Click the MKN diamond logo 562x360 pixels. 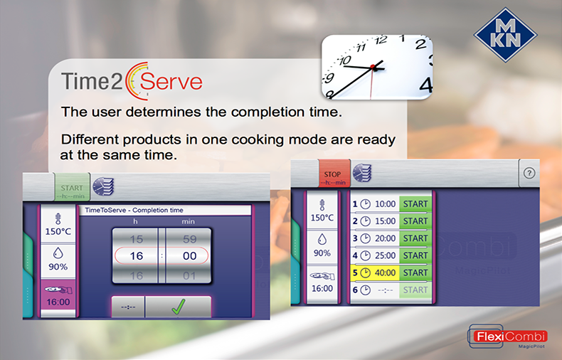coord(505,35)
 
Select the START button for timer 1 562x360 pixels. coord(415,204)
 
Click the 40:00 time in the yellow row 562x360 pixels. coord(386,273)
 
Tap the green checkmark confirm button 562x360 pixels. coord(178,307)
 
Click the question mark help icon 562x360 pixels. coord(529,173)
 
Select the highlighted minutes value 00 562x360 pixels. coord(190,256)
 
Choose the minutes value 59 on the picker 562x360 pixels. coord(190,239)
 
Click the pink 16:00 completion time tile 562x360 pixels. coord(58,298)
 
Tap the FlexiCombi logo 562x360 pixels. coord(507,337)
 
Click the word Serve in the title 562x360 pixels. coord(171,82)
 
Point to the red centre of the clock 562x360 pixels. coord(373,67)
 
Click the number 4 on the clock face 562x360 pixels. coord(425,86)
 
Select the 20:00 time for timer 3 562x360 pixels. coord(386,238)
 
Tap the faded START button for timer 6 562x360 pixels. coord(415,290)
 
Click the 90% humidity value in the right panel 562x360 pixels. coord(322,253)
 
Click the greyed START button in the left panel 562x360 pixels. coord(72,187)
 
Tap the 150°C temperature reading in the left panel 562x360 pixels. coord(58,232)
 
